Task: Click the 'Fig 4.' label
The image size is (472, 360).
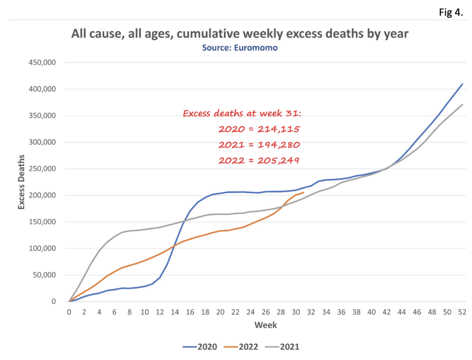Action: point(451,12)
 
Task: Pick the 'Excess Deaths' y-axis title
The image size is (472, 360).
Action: point(22,182)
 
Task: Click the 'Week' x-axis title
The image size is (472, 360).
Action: point(266,325)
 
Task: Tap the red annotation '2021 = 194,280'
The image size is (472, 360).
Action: point(260,145)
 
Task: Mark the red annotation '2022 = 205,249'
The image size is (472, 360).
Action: point(260,160)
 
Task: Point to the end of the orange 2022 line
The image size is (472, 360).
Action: point(303,193)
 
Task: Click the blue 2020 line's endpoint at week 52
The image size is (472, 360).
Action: point(462,84)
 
